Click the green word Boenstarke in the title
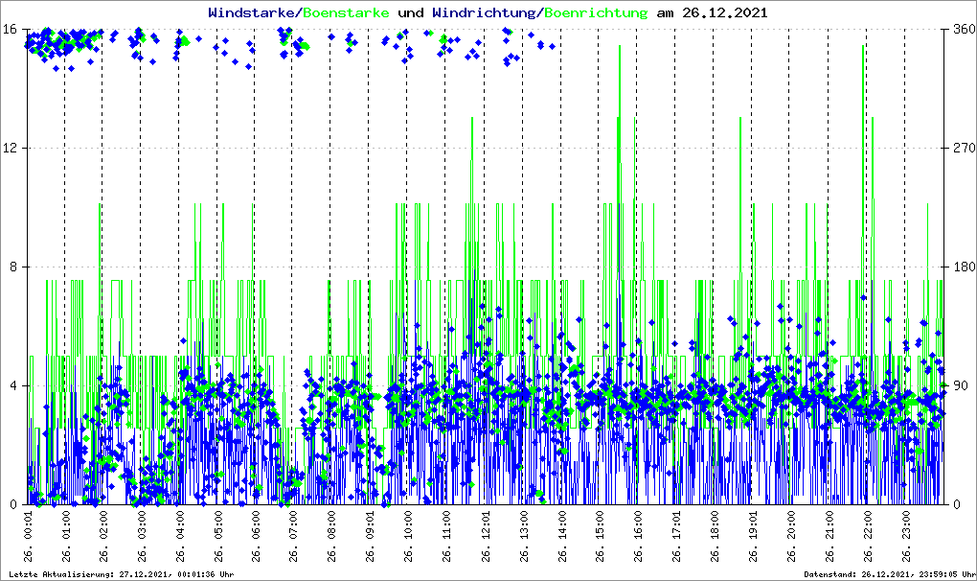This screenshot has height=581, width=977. coord(346,13)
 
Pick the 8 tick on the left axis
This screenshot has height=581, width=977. coord(18,267)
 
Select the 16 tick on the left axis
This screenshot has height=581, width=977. coord(14,30)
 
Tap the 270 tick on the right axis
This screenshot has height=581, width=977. coord(963,149)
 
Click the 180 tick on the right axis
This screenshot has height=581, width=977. coord(963,267)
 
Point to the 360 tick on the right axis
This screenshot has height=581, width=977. coord(963,30)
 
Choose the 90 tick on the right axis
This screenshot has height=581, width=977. coord(959,386)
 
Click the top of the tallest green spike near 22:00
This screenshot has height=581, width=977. coord(863,46)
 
